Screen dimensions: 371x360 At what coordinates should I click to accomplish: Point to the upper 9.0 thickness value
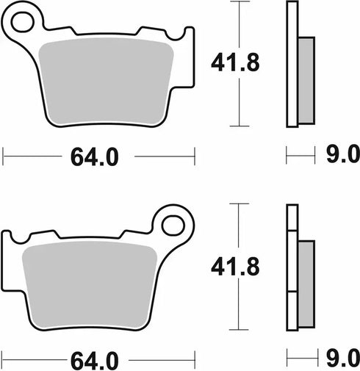pyautogui.click(x=342, y=156)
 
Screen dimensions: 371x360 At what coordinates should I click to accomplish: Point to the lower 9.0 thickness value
pyautogui.click(x=342, y=360)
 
